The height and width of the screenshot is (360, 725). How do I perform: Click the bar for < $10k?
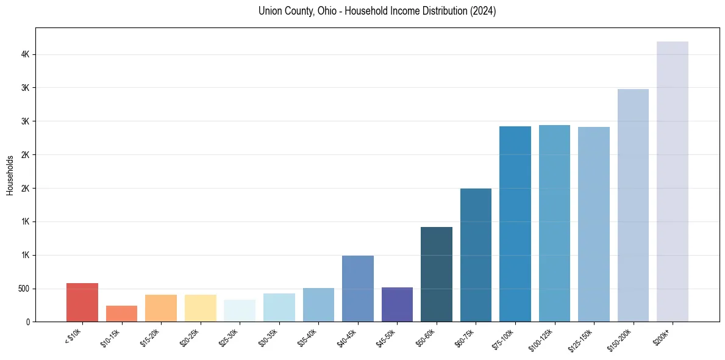coord(82,303)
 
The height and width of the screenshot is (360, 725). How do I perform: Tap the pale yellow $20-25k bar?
coord(201,308)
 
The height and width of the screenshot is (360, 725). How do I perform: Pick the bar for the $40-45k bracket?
coord(358,289)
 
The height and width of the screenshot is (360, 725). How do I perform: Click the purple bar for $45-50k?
coord(397,304)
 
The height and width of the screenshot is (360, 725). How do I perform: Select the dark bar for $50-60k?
coord(437,274)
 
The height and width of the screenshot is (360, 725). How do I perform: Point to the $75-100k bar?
coord(515,224)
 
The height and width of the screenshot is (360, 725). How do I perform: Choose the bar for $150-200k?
coord(633,205)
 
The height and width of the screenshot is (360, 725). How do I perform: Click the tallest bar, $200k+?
coord(673,181)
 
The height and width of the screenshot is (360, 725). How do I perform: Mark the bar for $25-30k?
coord(240,311)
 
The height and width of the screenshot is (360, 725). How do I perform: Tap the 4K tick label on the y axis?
coord(25,55)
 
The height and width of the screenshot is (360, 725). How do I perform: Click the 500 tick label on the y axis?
coord(23,289)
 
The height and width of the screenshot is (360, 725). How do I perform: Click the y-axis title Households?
coord(10,175)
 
